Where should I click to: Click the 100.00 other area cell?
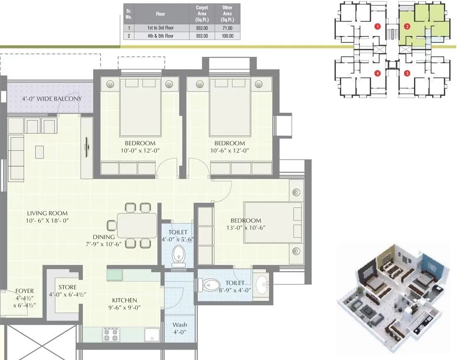pos(227,36)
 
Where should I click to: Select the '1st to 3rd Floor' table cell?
pos(160,28)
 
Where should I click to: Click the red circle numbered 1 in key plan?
pos(377,26)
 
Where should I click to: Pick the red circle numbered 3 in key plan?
pos(407,74)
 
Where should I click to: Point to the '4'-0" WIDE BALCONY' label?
pos(52,99)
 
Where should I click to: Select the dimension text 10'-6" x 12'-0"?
pos(230,151)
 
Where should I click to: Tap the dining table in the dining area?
pos(137,225)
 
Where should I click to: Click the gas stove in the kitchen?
pos(111,334)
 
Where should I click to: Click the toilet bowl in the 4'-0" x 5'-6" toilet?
pos(179,254)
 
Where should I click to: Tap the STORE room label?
pos(67,287)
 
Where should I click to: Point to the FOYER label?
pos(24,291)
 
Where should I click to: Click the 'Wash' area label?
pos(180,325)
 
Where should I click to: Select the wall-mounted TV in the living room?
pos(87,146)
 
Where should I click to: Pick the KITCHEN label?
pos(125,300)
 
